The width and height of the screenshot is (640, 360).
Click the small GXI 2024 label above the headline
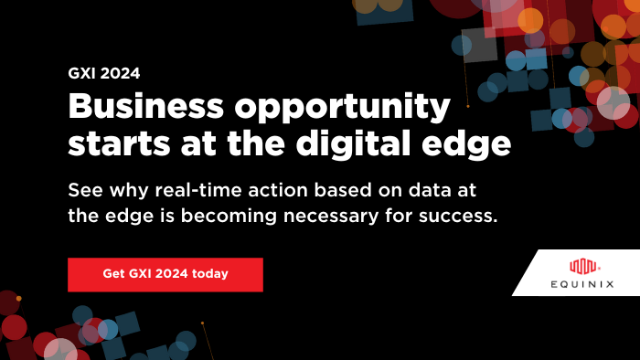point(103,73)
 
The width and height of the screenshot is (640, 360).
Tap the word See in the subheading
point(83,190)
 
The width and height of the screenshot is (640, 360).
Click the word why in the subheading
point(127,190)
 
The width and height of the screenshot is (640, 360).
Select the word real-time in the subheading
point(191,190)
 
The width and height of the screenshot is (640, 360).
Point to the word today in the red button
point(209,273)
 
